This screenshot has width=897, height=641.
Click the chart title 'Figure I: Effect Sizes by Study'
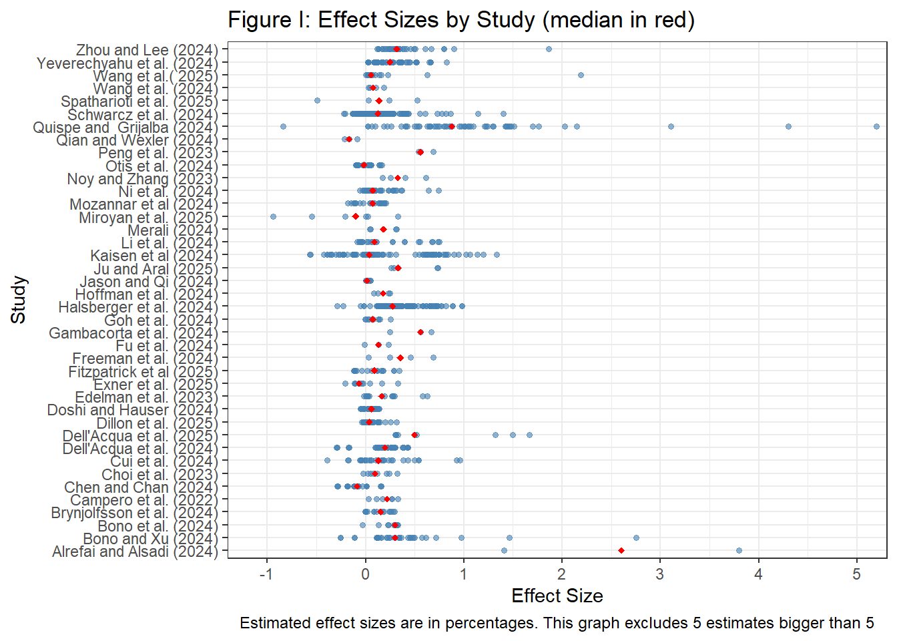pos(461,20)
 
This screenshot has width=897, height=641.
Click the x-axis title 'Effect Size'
pos(557,596)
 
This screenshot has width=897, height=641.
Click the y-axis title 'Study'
pos(19,300)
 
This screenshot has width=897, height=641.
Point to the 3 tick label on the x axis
pos(660,574)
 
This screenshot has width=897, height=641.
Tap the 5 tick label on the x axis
pos(856,574)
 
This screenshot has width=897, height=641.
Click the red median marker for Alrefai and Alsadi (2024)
pos(621,551)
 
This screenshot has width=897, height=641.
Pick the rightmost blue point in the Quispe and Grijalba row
pos(876,126)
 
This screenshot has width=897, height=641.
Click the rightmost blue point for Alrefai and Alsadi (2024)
pos(739,551)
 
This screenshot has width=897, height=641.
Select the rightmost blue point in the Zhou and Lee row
pos(549,49)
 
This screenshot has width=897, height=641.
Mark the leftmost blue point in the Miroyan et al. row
pos(273,216)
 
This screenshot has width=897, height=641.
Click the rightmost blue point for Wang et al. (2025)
pos(581,75)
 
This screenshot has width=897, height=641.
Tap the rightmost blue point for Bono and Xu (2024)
pos(636,538)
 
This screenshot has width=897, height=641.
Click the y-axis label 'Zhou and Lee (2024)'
pos(147,50)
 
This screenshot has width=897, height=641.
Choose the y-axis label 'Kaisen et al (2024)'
pos(154,256)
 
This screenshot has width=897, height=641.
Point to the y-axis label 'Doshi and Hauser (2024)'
pos(133,410)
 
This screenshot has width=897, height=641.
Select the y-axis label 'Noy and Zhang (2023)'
pos(143,179)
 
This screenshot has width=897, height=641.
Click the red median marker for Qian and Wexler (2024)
pos(349,139)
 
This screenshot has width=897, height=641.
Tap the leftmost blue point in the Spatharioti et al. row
pos(317,101)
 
